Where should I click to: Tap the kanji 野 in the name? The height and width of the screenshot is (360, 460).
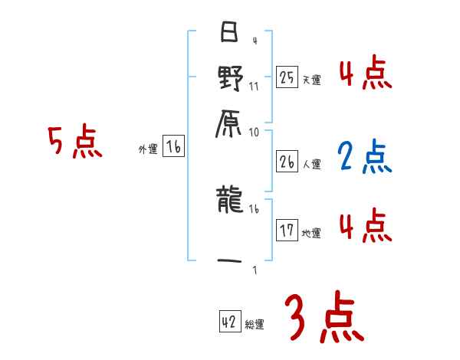[230, 78]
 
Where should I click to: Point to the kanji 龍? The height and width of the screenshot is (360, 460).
[230, 201]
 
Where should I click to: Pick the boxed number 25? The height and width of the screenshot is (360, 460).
[287, 77]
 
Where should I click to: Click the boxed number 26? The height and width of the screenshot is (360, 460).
[287, 162]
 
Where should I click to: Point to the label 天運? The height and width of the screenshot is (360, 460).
[311, 79]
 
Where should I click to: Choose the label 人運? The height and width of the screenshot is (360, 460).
[311, 165]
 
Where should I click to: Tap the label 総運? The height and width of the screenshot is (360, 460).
[255, 325]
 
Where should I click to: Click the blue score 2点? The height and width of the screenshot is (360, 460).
[364, 157]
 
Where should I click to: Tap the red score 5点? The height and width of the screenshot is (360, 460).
[74, 143]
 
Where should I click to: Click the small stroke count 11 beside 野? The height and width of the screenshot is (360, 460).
[254, 86]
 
